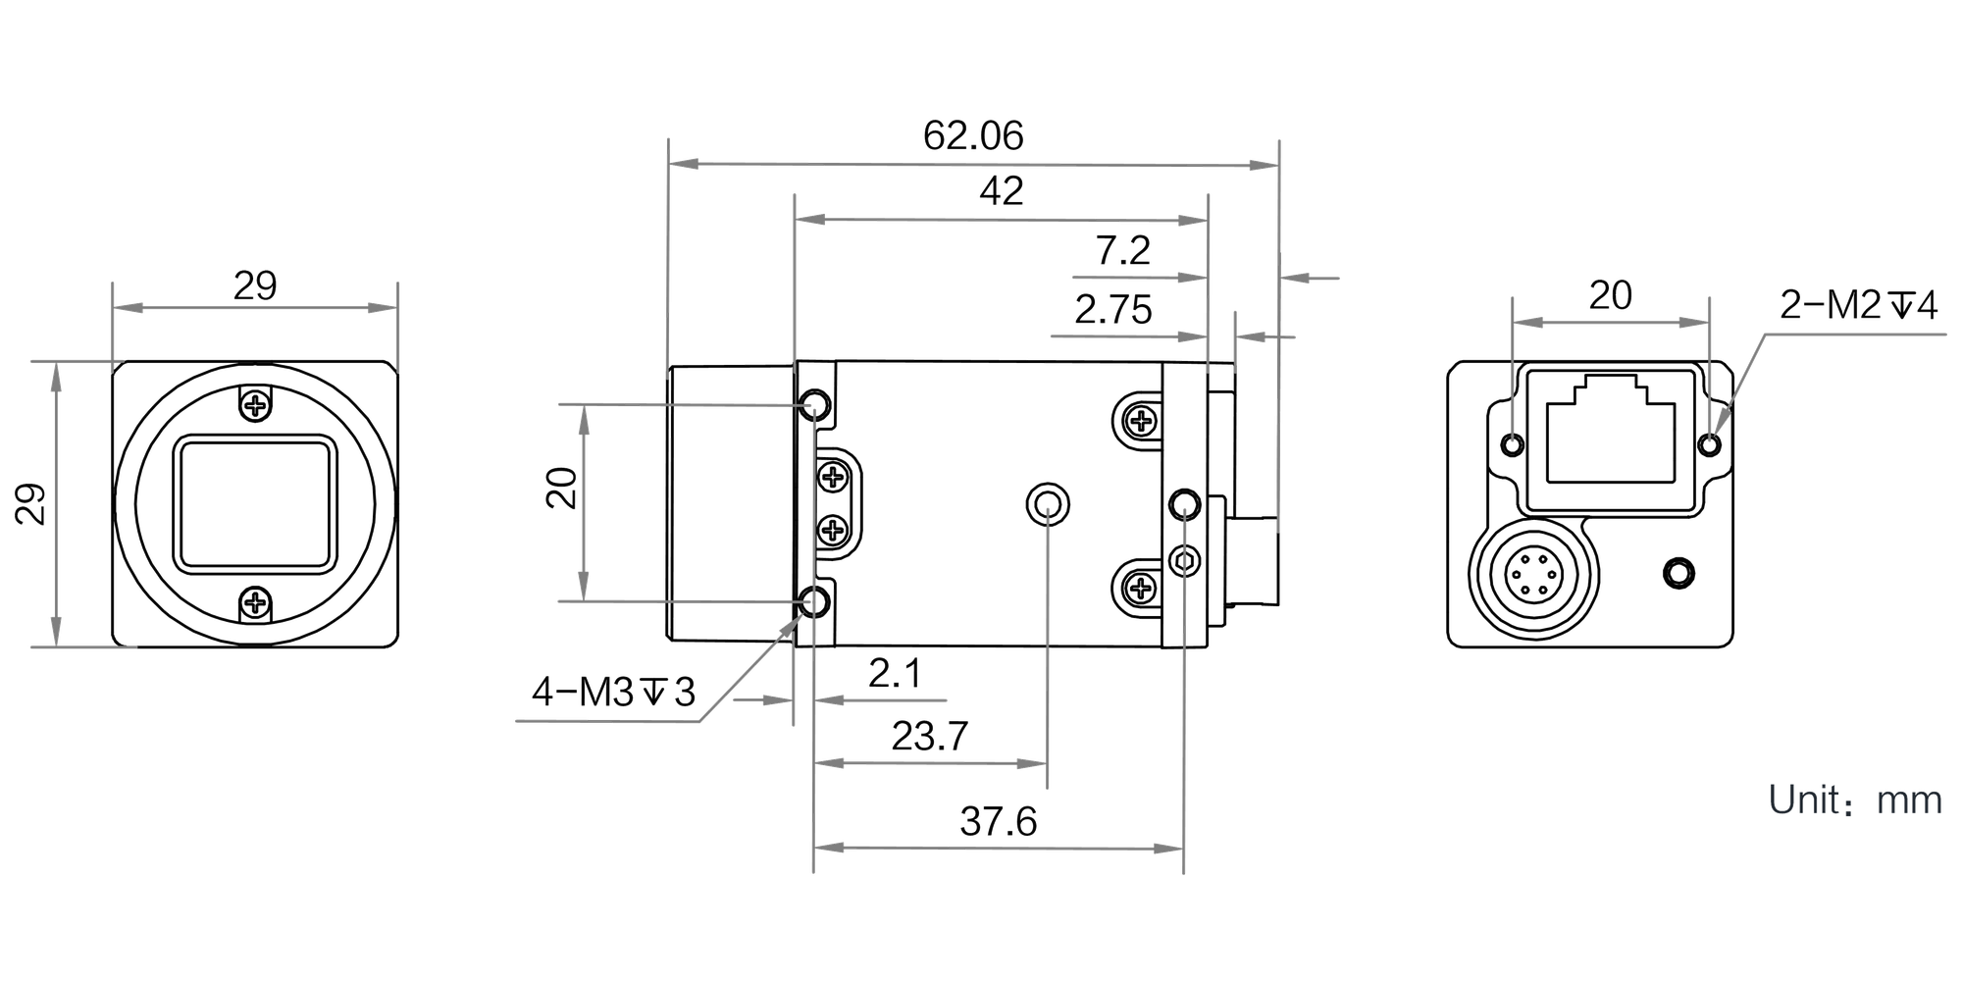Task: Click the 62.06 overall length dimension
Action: pyautogui.click(x=973, y=135)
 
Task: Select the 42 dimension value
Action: pyautogui.click(x=1001, y=191)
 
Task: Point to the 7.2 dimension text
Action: pyautogui.click(x=1122, y=251)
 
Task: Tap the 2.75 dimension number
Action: pyautogui.click(x=1112, y=310)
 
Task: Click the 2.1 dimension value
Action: pyautogui.click(x=895, y=673)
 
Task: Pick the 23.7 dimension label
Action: pyautogui.click(x=929, y=736)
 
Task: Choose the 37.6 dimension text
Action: pyautogui.click(x=998, y=821)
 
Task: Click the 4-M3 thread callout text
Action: pyautogui.click(x=613, y=693)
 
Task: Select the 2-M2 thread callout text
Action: pyautogui.click(x=1859, y=306)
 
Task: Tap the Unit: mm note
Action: pyautogui.click(x=1855, y=800)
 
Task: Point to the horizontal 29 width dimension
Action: pyautogui.click(x=255, y=286)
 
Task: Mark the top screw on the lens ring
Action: pyautogui.click(x=255, y=404)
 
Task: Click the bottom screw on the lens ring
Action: pyautogui.click(x=255, y=602)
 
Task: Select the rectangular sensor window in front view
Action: pyautogui.click(x=255, y=503)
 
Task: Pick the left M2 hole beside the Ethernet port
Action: pyautogui.click(x=1513, y=445)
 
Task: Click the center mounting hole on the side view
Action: pyautogui.click(x=1048, y=505)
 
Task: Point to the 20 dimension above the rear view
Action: pyautogui.click(x=1610, y=295)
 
